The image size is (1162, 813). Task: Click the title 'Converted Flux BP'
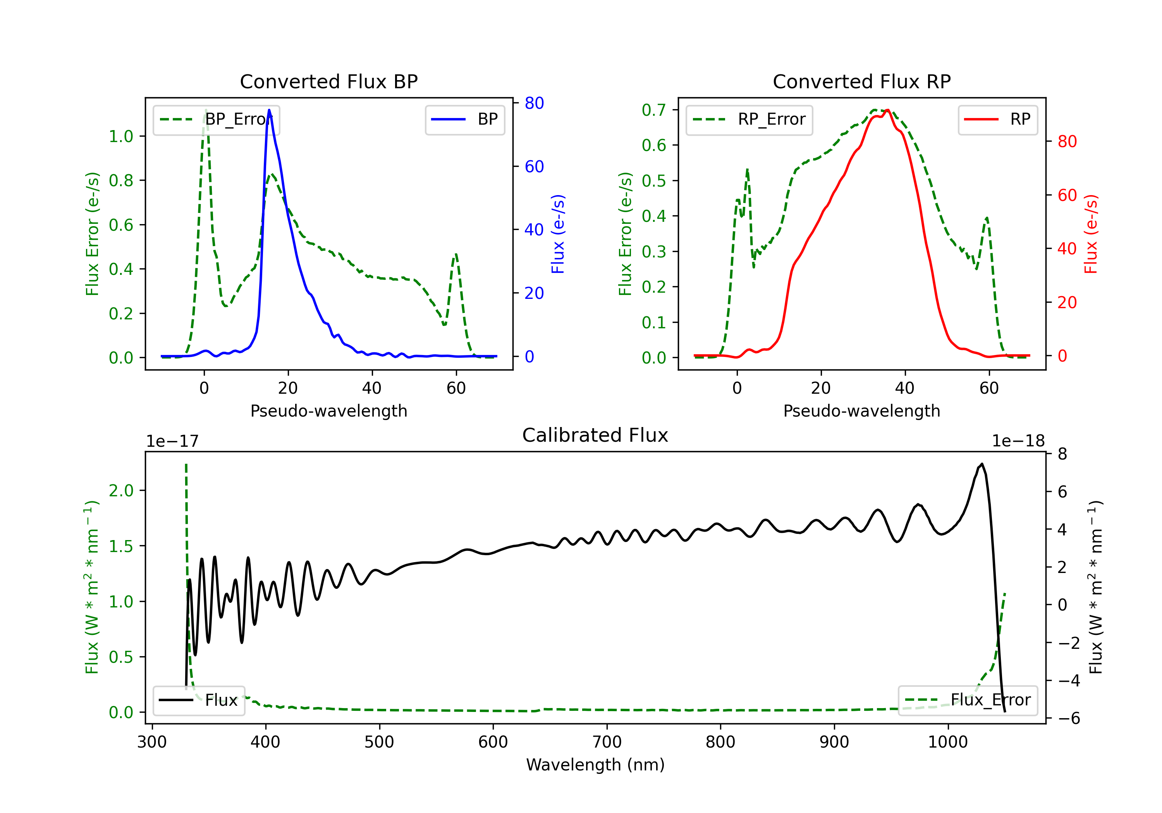point(328,81)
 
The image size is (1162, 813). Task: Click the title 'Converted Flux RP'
point(861,81)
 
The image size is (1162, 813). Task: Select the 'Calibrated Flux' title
point(595,435)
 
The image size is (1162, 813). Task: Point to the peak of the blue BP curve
point(269,110)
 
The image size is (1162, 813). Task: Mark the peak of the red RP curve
point(888,110)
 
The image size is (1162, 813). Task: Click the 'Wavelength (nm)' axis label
point(595,765)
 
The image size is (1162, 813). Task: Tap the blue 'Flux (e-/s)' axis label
point(558,234)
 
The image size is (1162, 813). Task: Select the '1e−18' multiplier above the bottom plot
point(1018,441)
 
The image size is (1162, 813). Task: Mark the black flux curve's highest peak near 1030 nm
point(982,464)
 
